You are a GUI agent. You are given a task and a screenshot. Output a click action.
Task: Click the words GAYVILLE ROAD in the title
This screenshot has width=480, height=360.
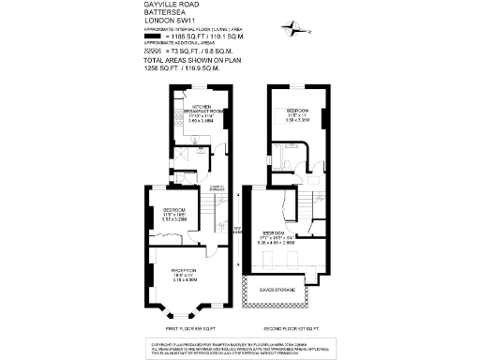(169, 5)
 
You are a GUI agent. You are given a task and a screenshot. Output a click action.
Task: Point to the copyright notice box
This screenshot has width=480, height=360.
(240, 348)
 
